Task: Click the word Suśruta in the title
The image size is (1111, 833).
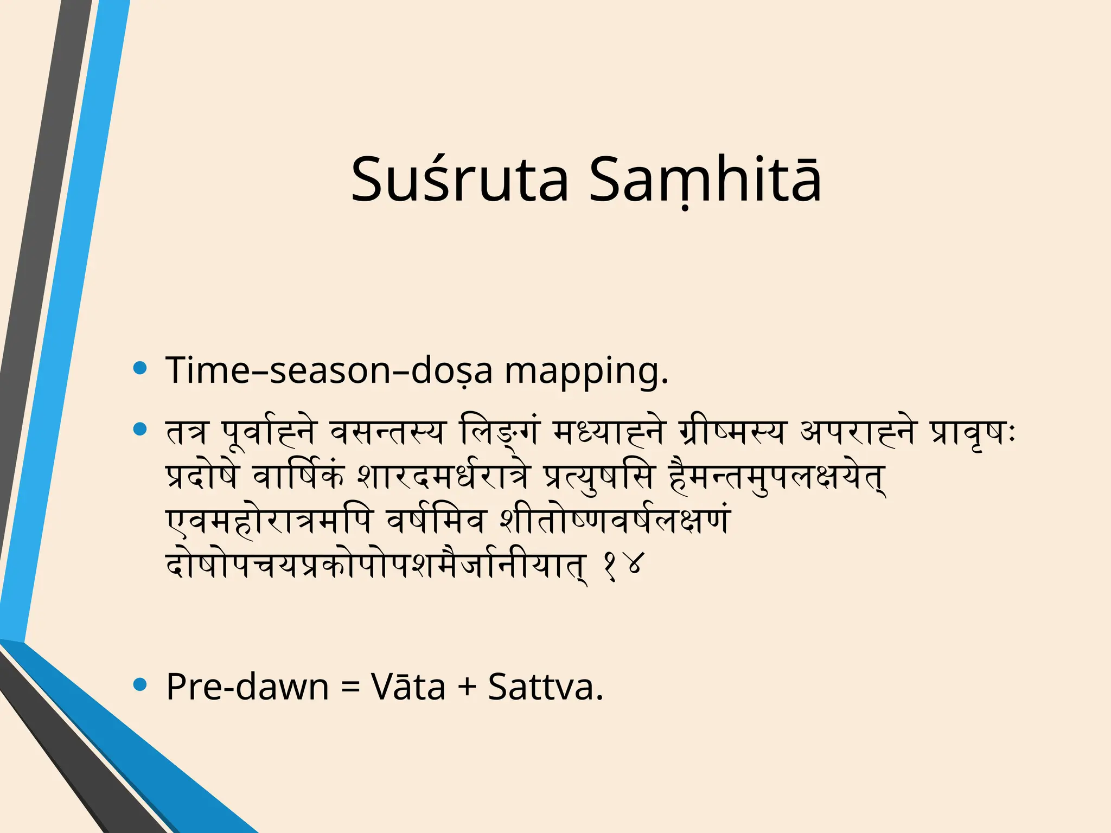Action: click(x=459, y=180)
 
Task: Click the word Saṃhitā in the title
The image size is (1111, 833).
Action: click(x=705, y=180)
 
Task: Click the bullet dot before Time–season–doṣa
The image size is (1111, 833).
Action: click(x=140, y=369)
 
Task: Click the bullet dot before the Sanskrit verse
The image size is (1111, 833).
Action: click(x=140, y=430)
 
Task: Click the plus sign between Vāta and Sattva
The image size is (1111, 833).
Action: click(x=466, y=688)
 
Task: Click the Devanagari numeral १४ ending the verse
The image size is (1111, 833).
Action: click(x=623, y=567)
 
